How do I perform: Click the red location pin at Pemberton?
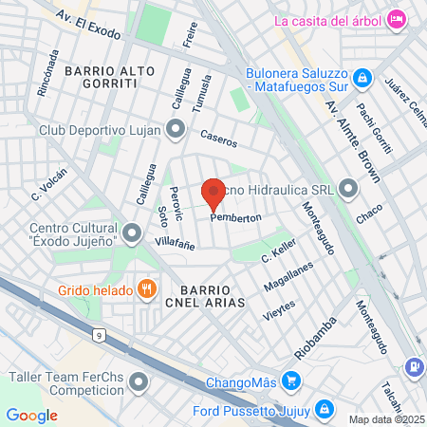tap(213, 193)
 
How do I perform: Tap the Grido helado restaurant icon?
tap(146, 288)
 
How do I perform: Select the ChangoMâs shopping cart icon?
tap(291, 383)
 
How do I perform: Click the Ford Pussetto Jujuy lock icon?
tap(324, 409)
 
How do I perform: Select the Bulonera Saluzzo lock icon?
tap(362, 77)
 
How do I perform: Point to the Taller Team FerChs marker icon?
tap(140, 383)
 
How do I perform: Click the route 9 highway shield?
tap(99, 334)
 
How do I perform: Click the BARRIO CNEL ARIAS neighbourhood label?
tap(207, 294)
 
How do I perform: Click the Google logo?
tap(31, 415)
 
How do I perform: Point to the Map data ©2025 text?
tap(386, 419)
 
